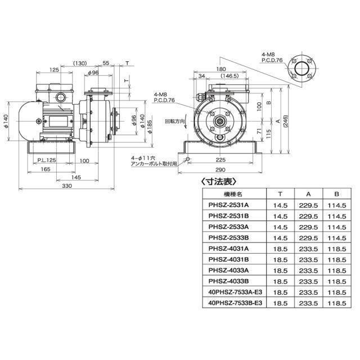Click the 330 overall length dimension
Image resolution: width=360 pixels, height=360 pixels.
(x=67, y=184)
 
